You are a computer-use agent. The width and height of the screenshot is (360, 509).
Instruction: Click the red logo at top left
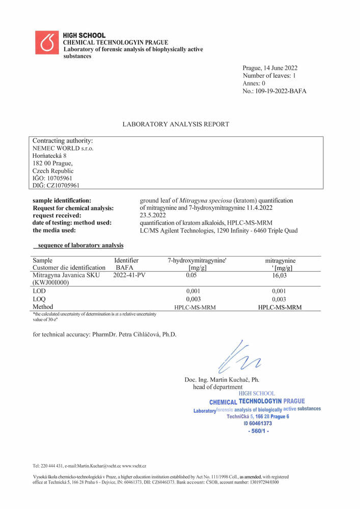(x=47, y=43)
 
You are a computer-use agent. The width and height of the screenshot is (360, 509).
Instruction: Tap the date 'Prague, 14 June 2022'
(x=270, y=68)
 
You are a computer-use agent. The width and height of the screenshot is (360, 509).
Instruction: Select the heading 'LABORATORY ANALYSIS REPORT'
(x=176, y=124)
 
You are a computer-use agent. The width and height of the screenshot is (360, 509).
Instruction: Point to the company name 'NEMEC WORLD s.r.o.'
(x=63, y=148)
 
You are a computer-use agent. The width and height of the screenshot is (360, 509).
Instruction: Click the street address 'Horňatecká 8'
(x=49, y=156)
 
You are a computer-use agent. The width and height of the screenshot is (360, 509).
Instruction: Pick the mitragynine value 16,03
(x=280, y=276)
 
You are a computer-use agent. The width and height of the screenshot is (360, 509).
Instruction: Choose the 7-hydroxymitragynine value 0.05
(x=191, y=276)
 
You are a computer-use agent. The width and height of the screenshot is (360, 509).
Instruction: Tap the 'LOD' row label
(x=39, y=291)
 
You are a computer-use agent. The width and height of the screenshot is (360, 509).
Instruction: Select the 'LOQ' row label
(x=40, y=299)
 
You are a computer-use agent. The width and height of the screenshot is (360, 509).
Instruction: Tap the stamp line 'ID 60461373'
(x=258, y=423)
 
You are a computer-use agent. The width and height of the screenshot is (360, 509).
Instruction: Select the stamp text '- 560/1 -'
(x=258, y=431)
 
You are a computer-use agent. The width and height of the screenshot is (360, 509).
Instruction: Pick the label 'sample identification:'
(x=62, y=201)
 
